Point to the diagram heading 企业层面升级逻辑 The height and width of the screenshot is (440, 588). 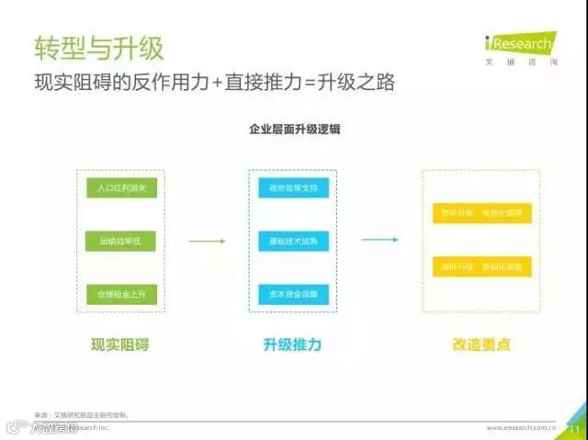coord(294,130)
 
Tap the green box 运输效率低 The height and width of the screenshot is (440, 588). coord(121,241)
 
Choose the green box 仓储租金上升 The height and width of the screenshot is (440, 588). coord(121,293)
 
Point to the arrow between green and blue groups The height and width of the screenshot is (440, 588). coord(207,242)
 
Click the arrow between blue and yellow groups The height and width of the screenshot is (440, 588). coord(379,241)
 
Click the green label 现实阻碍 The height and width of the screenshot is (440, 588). coord(119,345)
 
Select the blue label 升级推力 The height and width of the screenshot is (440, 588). coord(292,345)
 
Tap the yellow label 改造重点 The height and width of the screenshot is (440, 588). coord(481,345)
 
